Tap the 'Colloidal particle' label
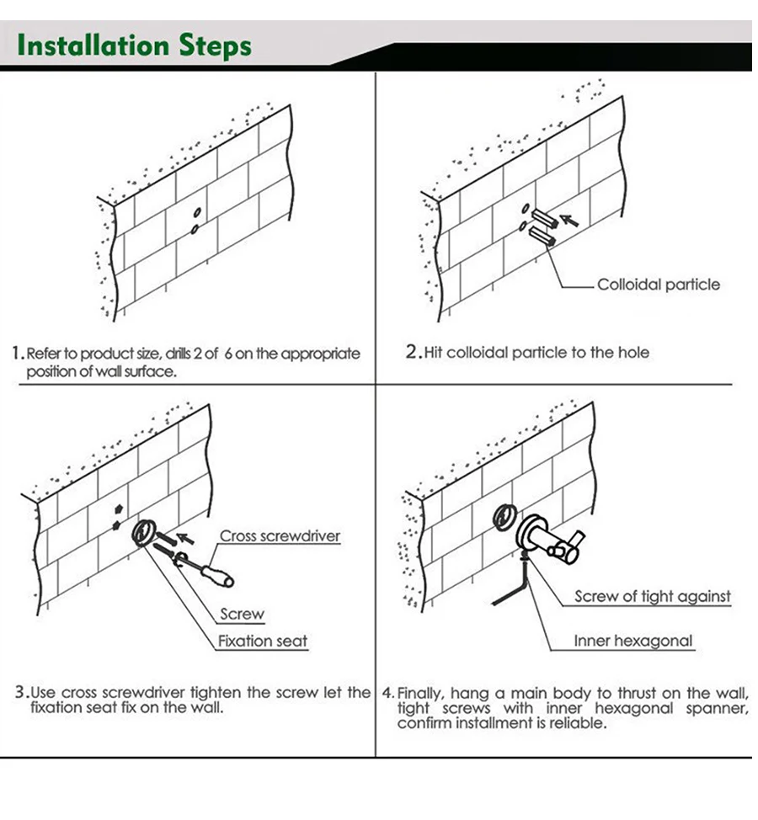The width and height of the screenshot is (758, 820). tap(659, 285)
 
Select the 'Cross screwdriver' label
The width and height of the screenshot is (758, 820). tap(280, 536)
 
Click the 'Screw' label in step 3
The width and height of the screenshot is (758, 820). tap(242, 615)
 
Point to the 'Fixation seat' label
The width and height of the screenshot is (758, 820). tap(263, 642)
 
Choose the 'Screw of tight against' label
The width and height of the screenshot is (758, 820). tap(652, 597)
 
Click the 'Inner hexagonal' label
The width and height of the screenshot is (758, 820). tap(633, 642)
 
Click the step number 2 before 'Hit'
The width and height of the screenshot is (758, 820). tap(412, 353)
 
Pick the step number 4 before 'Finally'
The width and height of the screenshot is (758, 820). tap(387, 694)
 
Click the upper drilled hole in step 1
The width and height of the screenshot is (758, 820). tap(197, 213)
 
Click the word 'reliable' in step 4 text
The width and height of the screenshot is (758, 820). tap(576, 724)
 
